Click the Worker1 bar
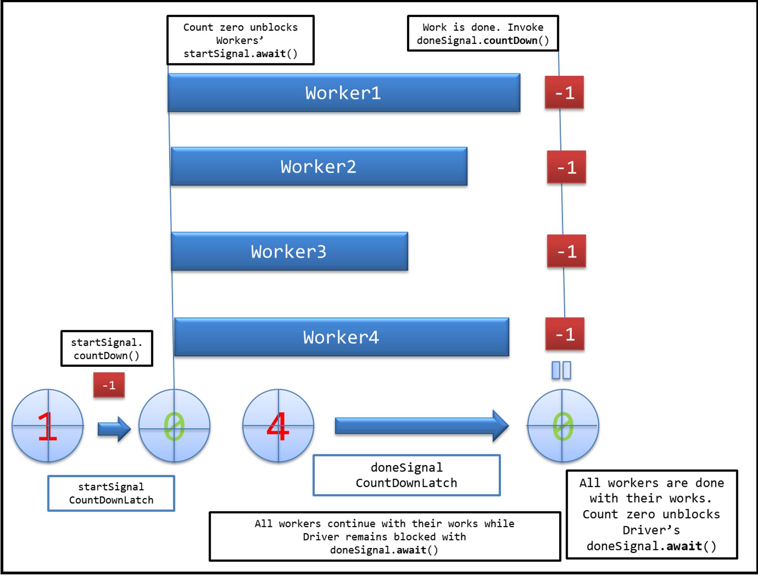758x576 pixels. (x=344, y=93)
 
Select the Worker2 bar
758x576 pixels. (x=319, y=166)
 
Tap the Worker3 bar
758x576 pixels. (x=289, y=251)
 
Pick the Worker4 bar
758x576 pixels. (x=341, y=337)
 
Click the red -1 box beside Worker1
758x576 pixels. (x=564, y=92)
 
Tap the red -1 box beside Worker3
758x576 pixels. (x=566, y=251)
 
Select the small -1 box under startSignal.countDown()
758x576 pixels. (x=109, y=385)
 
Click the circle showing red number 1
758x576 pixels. (x=48, y=426)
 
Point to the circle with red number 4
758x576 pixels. (x=278, y=426)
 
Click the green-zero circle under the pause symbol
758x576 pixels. (x=563, y=426)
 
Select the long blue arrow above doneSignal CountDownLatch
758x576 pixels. (x=422, y=426)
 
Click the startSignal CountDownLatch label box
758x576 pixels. (x=111, y=493)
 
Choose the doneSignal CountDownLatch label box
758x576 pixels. (x=407, y=475)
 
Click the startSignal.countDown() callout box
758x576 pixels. (x=107, y=349)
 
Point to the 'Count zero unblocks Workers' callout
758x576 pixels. (x=241, y=40)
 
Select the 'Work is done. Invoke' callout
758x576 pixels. (x=483, y=33)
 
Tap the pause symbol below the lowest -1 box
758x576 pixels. (x=561, y=370)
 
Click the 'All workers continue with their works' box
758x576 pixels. (x=385, y=537)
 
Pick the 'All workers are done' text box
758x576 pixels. (x=652, y=514)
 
